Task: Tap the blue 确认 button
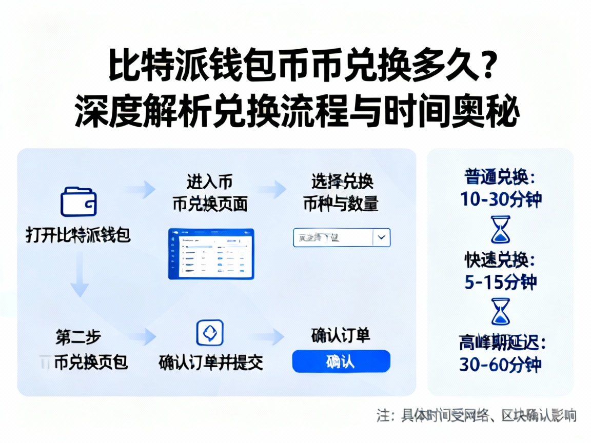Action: point(341,361)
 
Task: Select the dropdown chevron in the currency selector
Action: point(381,237)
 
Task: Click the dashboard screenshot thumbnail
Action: point(211,253)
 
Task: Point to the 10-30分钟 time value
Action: point(501,199)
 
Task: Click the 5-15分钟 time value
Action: point(501,282)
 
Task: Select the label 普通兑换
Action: point(501,177)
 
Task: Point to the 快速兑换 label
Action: point(501,260)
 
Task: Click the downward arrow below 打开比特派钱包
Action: point(79,277)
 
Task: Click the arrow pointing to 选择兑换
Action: point(272,189)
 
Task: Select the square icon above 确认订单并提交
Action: point(210,333)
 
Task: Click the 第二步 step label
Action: point(78,337)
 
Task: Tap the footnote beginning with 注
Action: point(477,415)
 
